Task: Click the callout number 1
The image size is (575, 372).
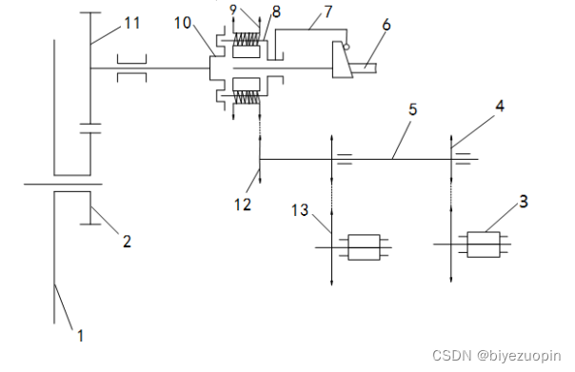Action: (x=80, y=335)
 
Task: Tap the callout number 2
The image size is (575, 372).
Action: (x=127, y=241)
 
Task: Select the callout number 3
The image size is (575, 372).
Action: (x=524, y=201)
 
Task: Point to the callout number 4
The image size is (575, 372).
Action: (x=500, y=106)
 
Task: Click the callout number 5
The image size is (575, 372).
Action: (x=413, y=109)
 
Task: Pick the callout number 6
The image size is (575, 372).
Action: (x=387, y=25)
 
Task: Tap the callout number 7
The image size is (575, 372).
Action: (x=328, y=11)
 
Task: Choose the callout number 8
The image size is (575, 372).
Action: (x=276, y=11)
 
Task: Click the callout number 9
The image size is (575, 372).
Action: (x=233, y=10)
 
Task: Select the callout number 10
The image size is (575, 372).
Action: (x=183, y=23)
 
